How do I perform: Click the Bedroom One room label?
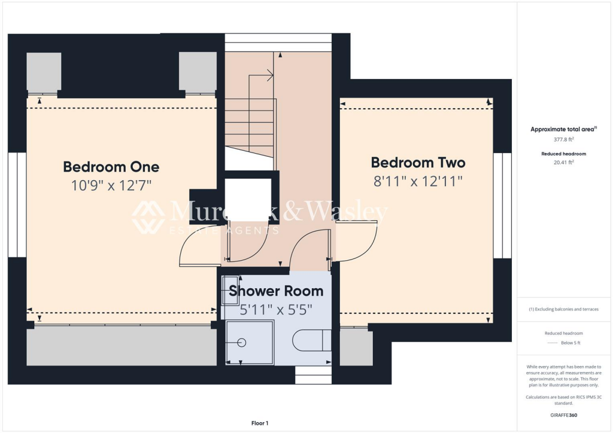(111, 166)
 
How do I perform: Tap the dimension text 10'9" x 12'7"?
(111, 185)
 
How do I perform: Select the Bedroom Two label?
(418, 162)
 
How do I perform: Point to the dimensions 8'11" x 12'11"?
(418, 181)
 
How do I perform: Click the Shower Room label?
(276, 291)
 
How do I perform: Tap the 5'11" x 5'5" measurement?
(276, 310)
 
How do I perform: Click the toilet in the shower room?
(311, 341)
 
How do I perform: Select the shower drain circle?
(242, 343)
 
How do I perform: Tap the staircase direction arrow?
(269, 75)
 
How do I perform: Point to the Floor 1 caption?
(260, 423)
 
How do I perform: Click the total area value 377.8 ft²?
(565, 139)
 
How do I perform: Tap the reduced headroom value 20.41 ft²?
(565, 162)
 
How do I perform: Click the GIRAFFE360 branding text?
(565, 415)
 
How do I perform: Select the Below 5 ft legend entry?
(570, 343)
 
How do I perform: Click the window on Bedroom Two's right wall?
(502, 205)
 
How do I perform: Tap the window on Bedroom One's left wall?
(17, 205)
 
